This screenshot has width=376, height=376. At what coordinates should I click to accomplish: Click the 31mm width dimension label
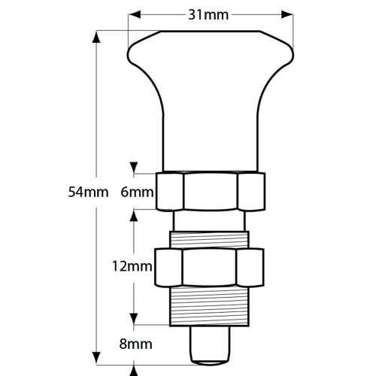click(208, 15)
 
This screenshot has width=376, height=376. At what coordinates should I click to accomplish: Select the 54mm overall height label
click(89, 193)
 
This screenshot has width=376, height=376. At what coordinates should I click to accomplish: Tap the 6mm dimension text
click(137, 193)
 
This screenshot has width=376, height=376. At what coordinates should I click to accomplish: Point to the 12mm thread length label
click(132, 266)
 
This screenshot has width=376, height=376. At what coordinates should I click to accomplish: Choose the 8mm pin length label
click(135, 344)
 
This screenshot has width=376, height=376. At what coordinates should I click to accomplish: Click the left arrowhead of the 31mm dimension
click(135, 15)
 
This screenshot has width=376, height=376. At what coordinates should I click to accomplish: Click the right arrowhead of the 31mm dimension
click(287, 15)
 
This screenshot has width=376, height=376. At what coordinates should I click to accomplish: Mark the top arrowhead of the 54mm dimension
click(96, 37)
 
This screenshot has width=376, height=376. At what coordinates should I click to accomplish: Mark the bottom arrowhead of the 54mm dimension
click(96, 359)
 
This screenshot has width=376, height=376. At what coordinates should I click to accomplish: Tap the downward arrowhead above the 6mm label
click(134, 168)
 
